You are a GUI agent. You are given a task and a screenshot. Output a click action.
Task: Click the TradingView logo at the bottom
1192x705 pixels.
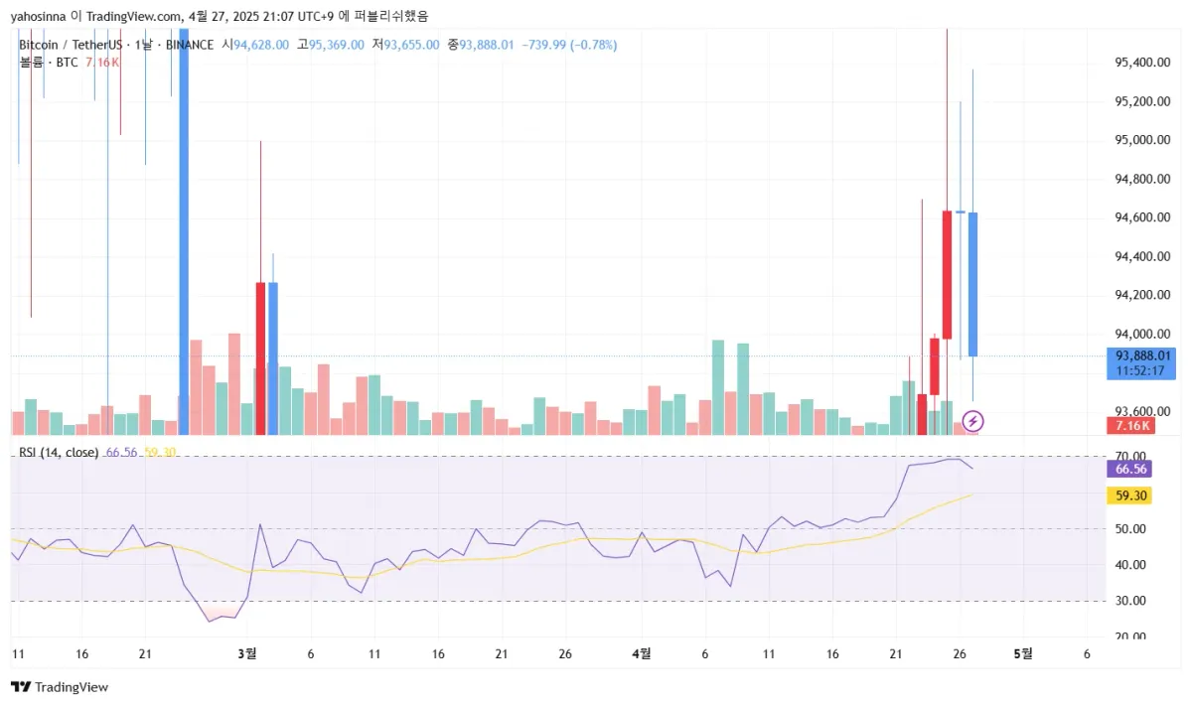coord(60,687)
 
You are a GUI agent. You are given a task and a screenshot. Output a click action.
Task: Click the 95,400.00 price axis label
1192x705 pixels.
coord(1139,63)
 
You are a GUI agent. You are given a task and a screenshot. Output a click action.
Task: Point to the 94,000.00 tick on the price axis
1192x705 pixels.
coord(1139,335)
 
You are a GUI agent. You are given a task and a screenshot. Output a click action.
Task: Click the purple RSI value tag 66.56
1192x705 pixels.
coord(1131,470)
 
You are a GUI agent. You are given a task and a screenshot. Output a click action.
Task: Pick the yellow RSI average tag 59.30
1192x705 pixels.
coord(1131,495)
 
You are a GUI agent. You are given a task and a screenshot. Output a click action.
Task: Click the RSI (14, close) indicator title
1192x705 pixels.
coord(59,453)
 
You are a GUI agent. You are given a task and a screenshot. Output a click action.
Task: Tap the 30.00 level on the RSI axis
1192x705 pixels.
coord(1131,601)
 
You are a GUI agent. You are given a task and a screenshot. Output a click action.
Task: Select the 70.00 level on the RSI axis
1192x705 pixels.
coord(1131,457)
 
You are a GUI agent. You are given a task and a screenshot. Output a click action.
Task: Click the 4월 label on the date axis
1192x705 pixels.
coord(642,654)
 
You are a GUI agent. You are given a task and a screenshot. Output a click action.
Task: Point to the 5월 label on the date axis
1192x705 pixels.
coord(1022,654)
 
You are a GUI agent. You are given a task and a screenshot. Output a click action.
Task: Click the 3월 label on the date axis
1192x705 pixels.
coord(247,654)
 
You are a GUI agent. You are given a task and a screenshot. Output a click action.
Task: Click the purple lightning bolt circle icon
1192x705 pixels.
coord(972,423)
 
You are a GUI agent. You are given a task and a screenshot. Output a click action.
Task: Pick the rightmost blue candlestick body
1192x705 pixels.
coord(972,284)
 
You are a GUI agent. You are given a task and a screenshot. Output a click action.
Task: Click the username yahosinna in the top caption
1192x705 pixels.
coord(38,15)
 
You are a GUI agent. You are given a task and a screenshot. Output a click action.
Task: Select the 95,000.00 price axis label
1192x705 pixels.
coord(1139,140)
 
